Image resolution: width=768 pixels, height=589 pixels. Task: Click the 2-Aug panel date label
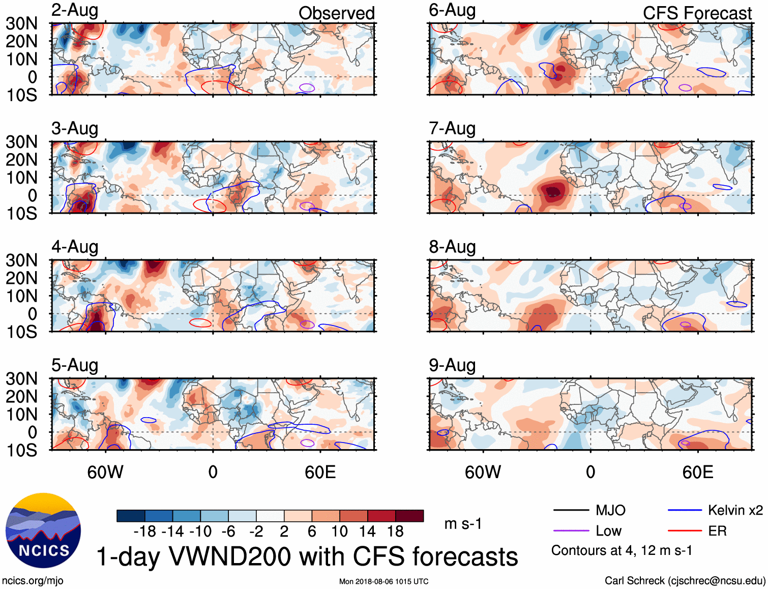(75, 11)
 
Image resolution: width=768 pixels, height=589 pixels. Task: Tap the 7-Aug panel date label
(452, 129)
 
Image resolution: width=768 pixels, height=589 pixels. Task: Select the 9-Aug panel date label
(452, 365)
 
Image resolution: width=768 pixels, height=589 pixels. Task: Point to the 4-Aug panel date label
(75, 247)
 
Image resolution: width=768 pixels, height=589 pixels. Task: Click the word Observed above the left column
(336, 13)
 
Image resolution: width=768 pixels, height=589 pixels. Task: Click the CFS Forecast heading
(697, 13)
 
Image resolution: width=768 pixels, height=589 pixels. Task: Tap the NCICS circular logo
(43, 531)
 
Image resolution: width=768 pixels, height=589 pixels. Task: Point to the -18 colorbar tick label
(145, 532)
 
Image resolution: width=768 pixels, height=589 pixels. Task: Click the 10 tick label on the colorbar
(340, 532)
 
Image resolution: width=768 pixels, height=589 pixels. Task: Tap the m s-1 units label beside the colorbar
(463, 524)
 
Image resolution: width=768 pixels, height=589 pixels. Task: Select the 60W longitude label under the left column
(105, 472)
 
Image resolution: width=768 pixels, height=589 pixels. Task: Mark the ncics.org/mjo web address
(33, 581)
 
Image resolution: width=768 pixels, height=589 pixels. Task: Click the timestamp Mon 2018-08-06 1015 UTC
(383, 581)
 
